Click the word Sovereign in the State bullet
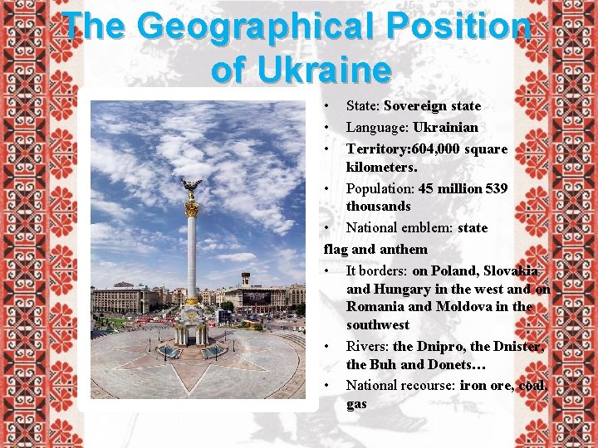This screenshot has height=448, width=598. click(x=416, y=106)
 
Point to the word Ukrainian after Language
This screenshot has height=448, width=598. click(x=445, y=128)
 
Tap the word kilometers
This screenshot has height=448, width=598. click(x=381, y=168)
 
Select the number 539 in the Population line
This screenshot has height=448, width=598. click(x=497, y=189)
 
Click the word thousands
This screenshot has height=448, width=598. click(x=379, y=206)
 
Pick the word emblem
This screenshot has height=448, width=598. click(x=424, y=227)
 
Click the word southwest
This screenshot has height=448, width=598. click(x=378, y=325)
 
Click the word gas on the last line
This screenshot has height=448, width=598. click(x=356, y=404)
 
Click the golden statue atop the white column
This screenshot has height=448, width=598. click(x=192, y=188)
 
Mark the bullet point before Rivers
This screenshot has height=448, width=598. click(x=329, y=347)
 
